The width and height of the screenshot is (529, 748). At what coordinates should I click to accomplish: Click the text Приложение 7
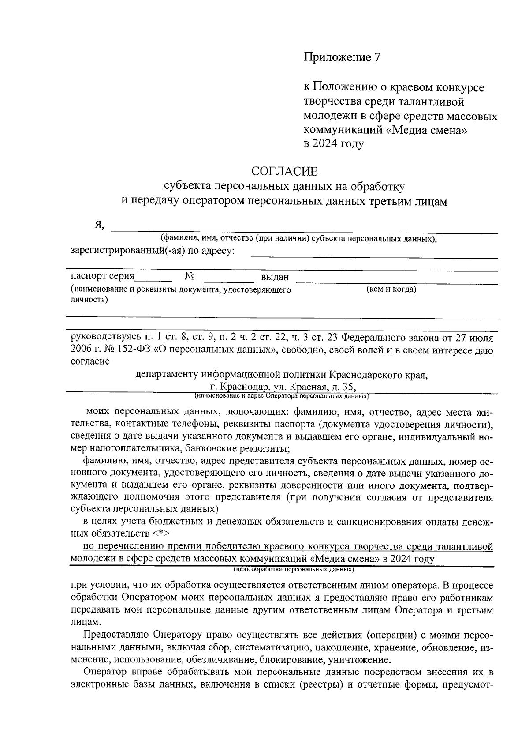click(342, 57)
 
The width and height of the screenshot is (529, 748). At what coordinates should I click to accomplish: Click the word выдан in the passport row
click(275, 277)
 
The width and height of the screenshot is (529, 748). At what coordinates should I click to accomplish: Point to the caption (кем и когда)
click(391, 289)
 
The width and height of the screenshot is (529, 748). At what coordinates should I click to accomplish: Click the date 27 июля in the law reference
click(470, 338)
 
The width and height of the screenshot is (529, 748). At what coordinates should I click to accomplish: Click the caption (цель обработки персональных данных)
click(294, 569)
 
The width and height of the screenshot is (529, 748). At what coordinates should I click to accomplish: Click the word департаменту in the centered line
click(167, 375)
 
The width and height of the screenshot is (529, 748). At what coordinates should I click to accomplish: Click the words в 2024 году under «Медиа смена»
click(334, 144)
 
